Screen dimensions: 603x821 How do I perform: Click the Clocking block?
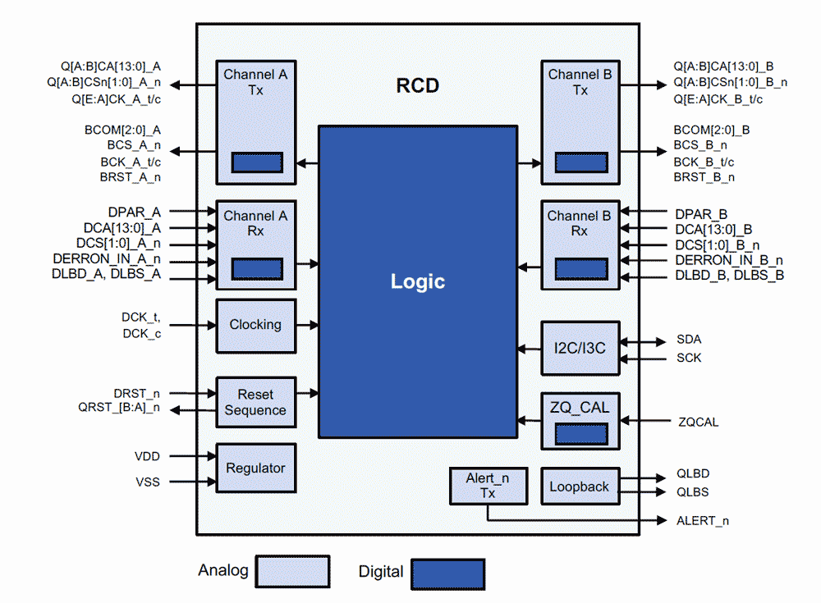click(x=255, y=325)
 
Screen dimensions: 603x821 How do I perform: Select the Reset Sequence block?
click(x=255, y=402)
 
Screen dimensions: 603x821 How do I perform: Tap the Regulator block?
click(x=255, y=468)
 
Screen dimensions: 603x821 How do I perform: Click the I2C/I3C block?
click(x=580, y=347)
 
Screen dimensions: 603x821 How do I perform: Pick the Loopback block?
click(x=580, y=487)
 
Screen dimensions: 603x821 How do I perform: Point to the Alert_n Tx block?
click(x=488, y=486)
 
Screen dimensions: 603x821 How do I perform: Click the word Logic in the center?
click(x=417, y=281)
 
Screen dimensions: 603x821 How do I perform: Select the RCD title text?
click(x=417, y=85)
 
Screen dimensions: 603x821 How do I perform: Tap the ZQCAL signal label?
click(x=699, y=422)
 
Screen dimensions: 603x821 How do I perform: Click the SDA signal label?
click(x=689, y=339)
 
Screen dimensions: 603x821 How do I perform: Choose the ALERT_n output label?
click(x=702, y=520)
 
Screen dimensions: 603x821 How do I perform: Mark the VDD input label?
click(x=147, y=455)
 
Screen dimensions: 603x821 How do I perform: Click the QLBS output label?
click(x=692, y=492)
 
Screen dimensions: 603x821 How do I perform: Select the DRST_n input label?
click(x=136, y=394)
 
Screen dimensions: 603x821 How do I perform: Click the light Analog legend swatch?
click(x=292, y=571)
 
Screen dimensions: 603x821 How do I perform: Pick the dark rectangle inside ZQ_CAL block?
click(x=580, y=433)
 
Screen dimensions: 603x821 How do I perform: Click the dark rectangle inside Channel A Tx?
click(x=257, y=162)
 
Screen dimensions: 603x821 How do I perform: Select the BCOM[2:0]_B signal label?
click(x=711, y=130)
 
